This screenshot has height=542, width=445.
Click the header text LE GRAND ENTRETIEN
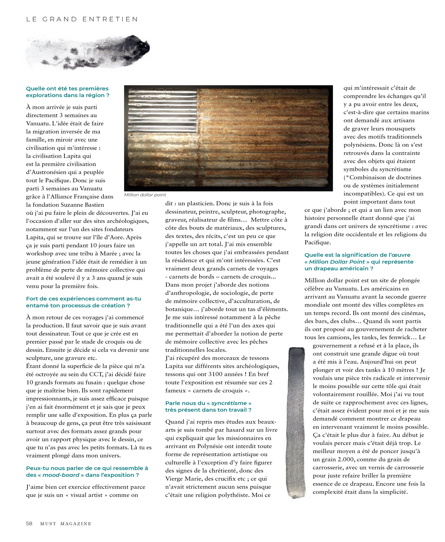click(x=82, y=19)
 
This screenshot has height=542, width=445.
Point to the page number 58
click(x=29, y=523)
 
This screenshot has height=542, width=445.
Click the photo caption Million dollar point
click(x=145, y=195)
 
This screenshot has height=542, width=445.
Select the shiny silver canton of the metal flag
click(x=162, y=110)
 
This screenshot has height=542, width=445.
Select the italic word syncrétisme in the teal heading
click(x=229, y=403)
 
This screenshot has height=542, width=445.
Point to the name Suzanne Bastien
click(x=83, y=205)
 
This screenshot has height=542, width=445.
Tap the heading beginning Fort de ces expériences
click(x=84, y=302)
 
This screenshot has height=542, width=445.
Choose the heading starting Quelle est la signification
click(x=359, y=262)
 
